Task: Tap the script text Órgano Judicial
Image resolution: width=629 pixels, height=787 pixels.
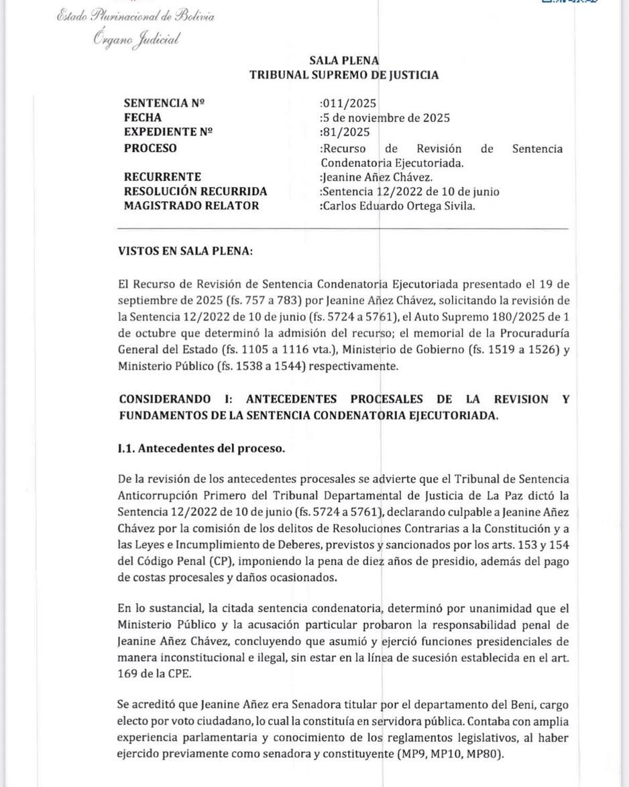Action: (x=137, y=40)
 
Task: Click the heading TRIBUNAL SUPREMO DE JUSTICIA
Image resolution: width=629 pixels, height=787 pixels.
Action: (x=344, y=75)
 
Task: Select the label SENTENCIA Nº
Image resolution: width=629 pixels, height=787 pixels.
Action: (x=164, y=103)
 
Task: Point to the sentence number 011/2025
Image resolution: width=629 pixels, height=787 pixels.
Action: (x=349, y=103)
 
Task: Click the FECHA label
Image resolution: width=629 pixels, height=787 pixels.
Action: (x=143, y=118)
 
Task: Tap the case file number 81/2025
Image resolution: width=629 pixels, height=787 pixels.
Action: (x=346, y=132)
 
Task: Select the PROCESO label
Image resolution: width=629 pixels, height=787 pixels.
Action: (x=151, y=148)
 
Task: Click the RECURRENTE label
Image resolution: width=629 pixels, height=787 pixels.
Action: (x=163, y=177)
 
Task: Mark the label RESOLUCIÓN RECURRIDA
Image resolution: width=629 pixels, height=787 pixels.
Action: (x=196, y=192)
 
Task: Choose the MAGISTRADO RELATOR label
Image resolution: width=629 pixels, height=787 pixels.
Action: (x=192, y=206)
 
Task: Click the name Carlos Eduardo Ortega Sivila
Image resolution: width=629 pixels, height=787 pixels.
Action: (x=399, y=206)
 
